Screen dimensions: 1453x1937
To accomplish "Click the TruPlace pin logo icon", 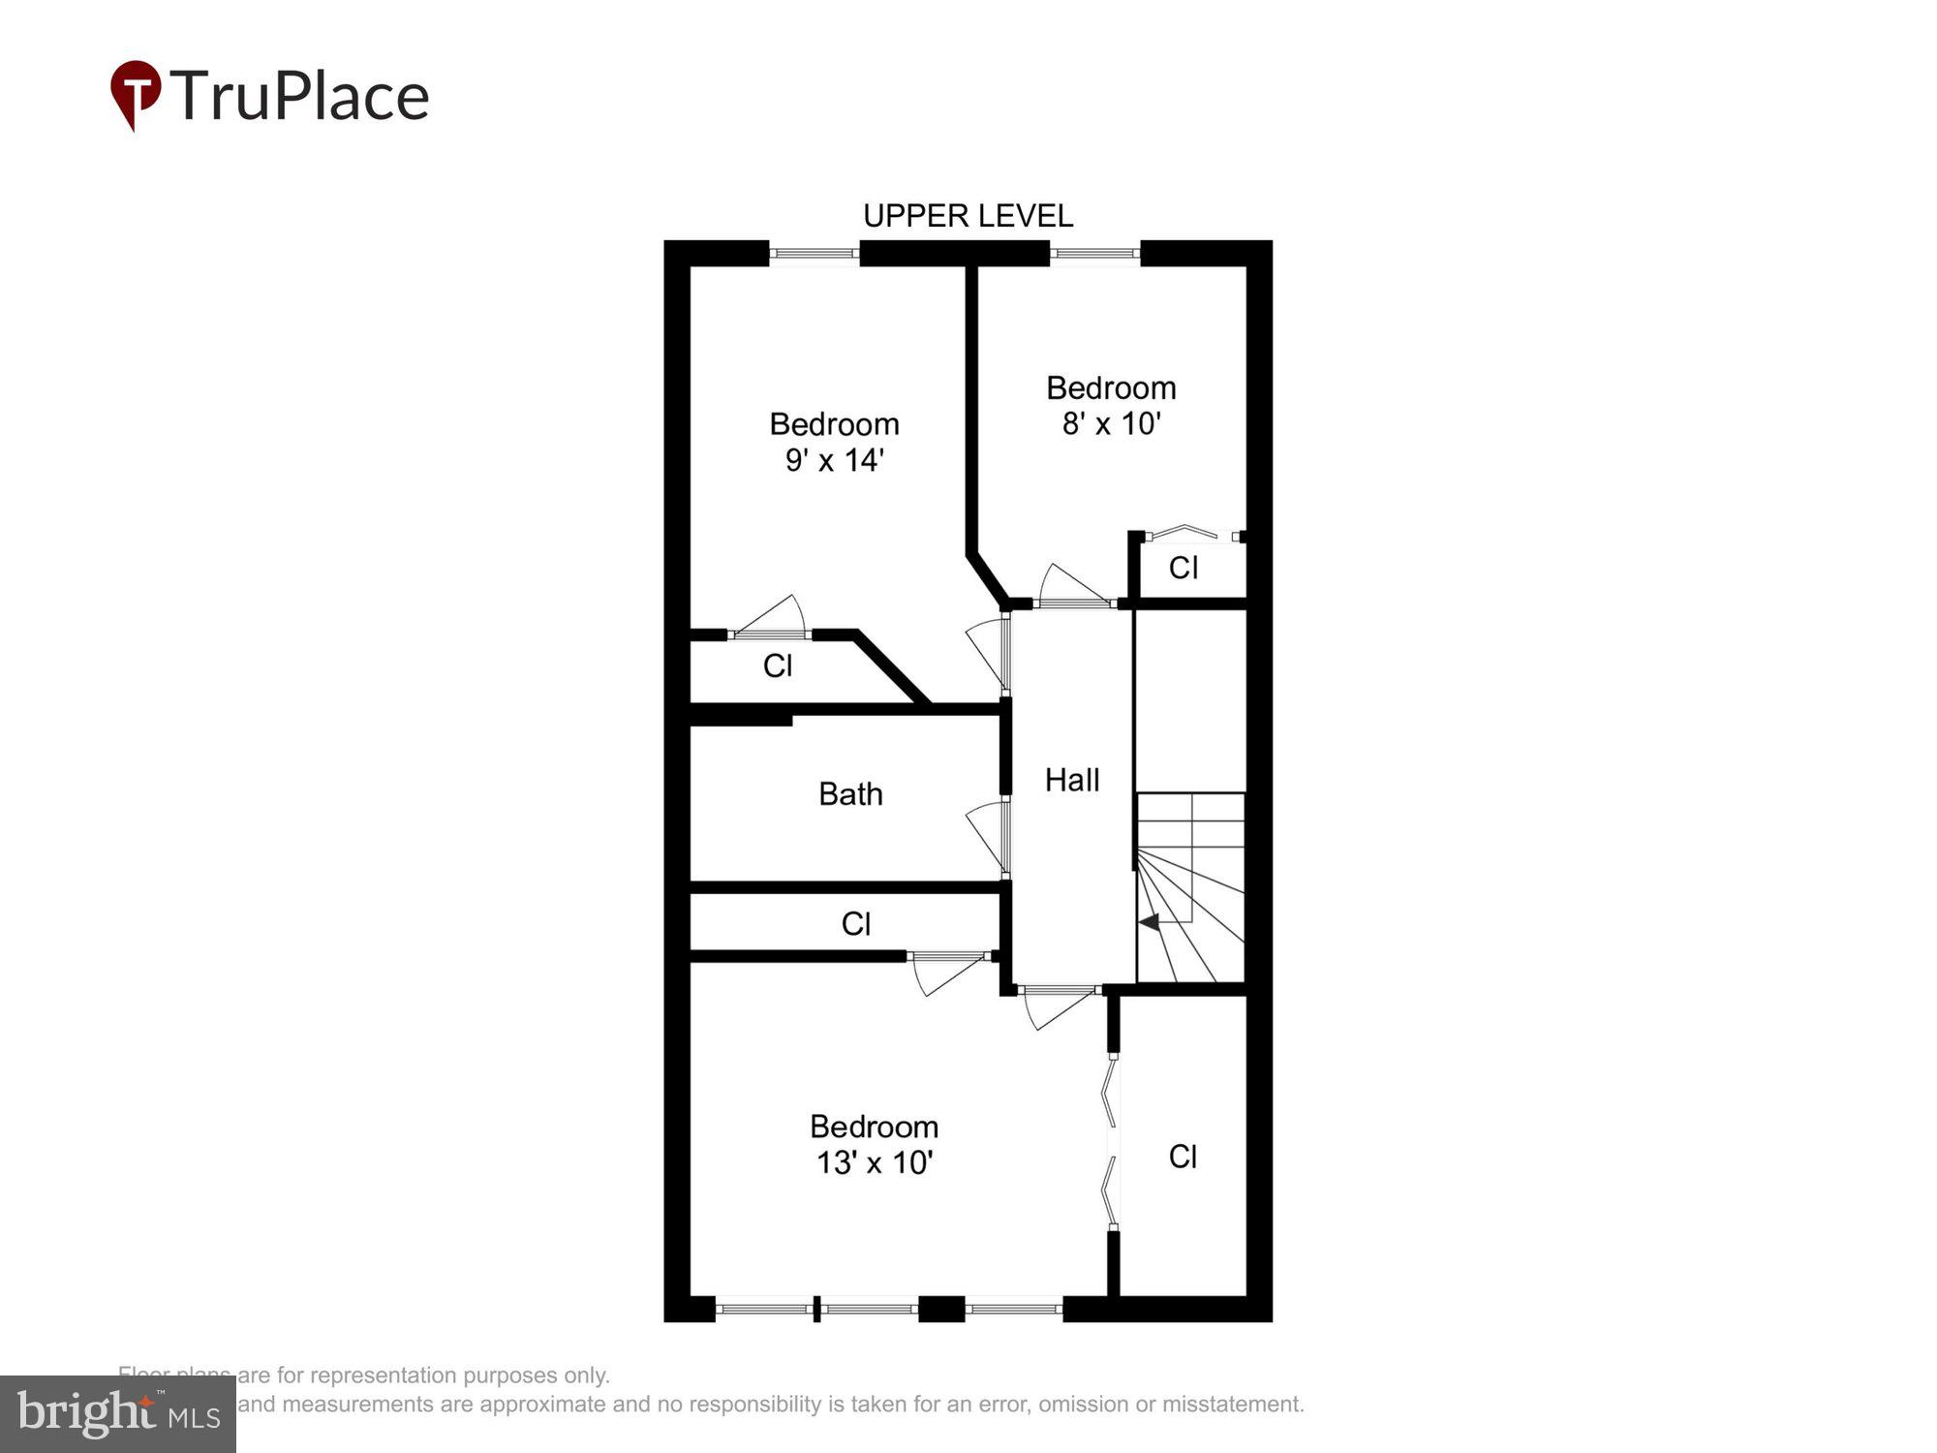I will (x=136, y=93).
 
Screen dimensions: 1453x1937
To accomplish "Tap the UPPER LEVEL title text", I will (x=968, y=216).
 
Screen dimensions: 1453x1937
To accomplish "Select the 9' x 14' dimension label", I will (x=834, y=460).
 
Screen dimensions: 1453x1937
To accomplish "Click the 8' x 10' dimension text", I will (x=1111, y=424).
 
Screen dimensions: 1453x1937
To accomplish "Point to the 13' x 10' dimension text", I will (x=874, y=1162).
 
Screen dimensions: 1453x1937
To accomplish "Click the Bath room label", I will (x=850, y=794).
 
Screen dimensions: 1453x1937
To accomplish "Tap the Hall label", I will (x=1072, y=781).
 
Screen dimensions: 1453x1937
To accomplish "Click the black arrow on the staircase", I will (x=1150, y=921).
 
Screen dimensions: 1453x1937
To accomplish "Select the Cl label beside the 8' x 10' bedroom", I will (x=1184, y=568).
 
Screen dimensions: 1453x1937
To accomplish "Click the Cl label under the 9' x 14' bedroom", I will (x=778, y=666).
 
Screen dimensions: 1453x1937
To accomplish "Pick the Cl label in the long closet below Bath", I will (x=856, y=924).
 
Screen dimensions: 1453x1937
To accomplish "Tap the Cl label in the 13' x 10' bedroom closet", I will (x=1183, y=1157).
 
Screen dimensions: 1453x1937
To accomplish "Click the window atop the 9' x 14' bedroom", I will (x=814, y=254).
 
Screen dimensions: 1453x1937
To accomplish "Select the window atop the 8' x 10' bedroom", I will (x=1094, y=254).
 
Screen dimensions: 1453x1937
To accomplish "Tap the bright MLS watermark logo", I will (x=118, y=1414).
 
